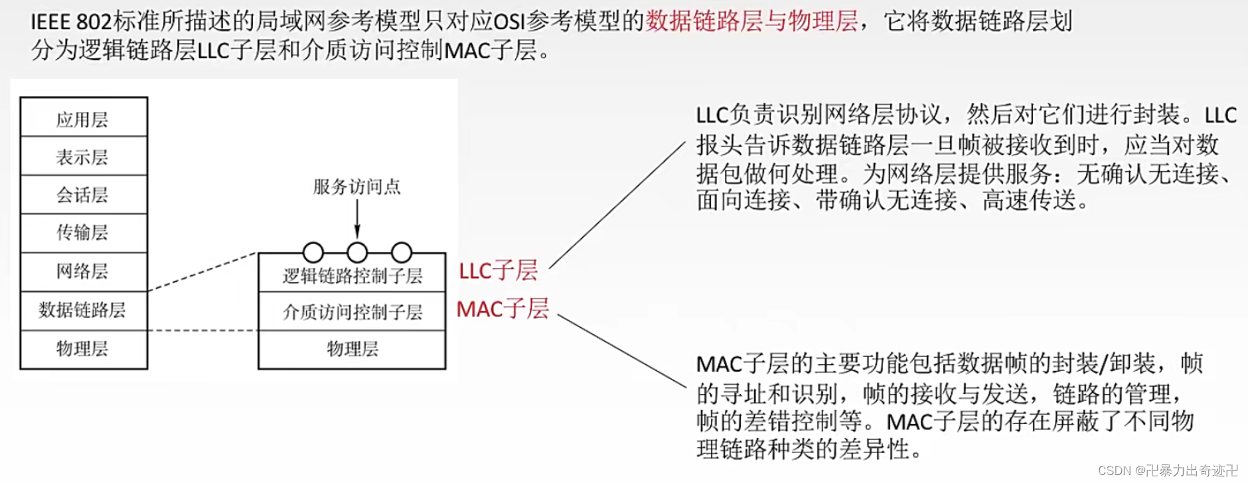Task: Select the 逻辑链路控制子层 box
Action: pyautogui.click(x=352, y=276)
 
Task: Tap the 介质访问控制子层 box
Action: pyautogui.click(x=352, y=312)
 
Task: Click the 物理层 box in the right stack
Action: pyautogui.click(x=352, y=349)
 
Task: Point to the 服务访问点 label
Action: pyautogui.click(x=357, y=187)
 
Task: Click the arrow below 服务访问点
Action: pyautogui.click(x=357, y=219)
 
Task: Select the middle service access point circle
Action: pyautogui.click(x=357, y=252)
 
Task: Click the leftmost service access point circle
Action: pyautogui.click(x=313, y=252)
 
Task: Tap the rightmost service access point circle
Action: pyautogui.click(x=402, y=252)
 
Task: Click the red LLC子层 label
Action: pyautogui.click(x=498, y=271)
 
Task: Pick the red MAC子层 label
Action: pyautogui.click(x=503, y=309)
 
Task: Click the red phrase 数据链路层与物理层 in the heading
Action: pyautogui.click(x=751, y=21)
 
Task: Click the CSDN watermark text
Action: pyautogui.click(x=1168, y=470)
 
